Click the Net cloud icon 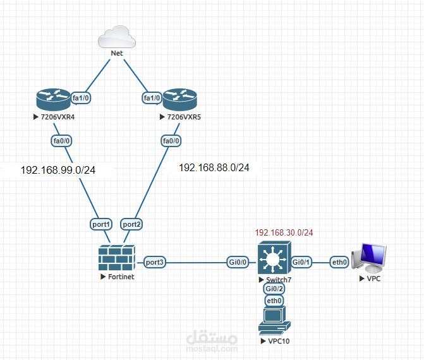point(117,37)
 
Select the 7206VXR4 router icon point(53,99)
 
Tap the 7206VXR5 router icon point(180,99)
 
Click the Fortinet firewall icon point(117,258)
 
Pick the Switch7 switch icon point(274,258)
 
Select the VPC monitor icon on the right point(369,258)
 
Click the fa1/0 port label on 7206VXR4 point(81,98)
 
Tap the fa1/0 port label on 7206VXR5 point(152,98)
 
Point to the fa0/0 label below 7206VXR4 point(61,141)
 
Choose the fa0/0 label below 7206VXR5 point(171,141)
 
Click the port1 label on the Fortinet point(101,224)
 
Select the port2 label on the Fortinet point(131,224)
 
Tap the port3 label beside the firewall point(154,262)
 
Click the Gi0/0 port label point(238,262)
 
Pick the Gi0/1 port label point(301,262)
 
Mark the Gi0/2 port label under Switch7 point(274,289)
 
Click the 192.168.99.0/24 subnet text point(58,170)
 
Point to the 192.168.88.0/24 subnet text point(214,167)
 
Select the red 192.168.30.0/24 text point(284,232)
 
